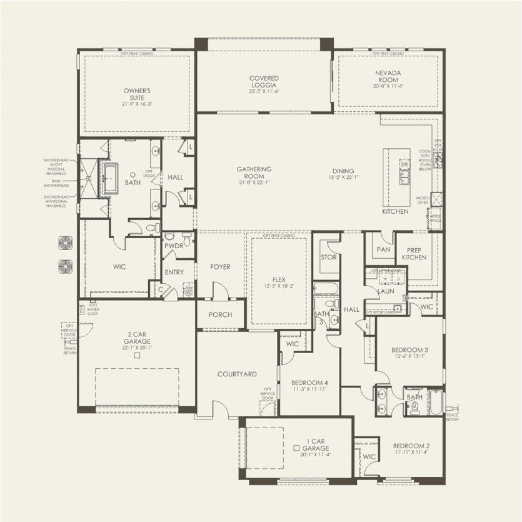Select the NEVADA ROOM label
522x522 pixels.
[x=388, y=76]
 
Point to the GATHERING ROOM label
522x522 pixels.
[x=254, y=173]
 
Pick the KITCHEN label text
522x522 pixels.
[x=395, y=212]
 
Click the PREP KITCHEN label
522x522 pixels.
[x=414, y=253]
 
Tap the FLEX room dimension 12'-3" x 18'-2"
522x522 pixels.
[x=279, y=286]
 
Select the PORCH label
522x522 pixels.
[x=220, y=314]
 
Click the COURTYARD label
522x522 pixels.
[x=237, y=374]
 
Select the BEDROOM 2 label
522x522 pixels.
[x=411, y=446]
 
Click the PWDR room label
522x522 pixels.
[x=173, y=246]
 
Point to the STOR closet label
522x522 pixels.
[x=328, y=256]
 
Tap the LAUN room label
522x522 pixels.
[x=385, y=291]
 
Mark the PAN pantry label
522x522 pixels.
[x=383, y=249]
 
